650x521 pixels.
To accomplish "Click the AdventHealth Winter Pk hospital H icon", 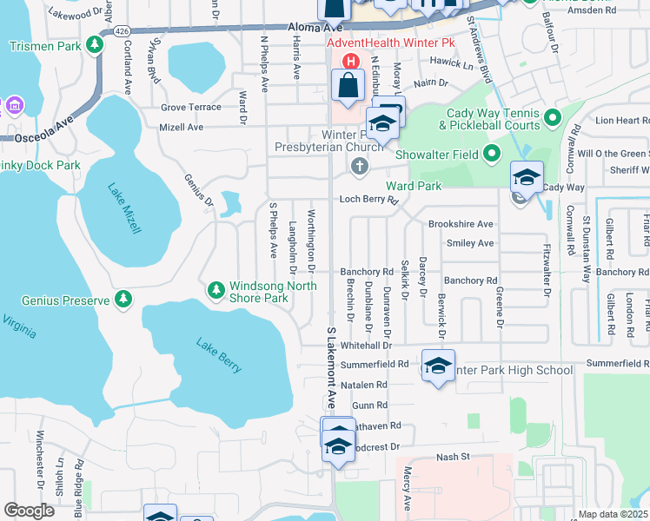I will point(351,62).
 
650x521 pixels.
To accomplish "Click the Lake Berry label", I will point(218,357).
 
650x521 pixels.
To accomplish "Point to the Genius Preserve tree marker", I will point(123,300).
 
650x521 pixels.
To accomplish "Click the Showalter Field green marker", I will point(491,155).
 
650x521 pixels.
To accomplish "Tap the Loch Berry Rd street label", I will point(368,199).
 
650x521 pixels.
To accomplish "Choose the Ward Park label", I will point(415,186).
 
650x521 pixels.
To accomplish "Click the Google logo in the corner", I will point(30,510).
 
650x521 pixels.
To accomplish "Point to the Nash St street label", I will point(452,457).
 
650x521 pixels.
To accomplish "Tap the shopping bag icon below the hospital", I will point(348,87).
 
